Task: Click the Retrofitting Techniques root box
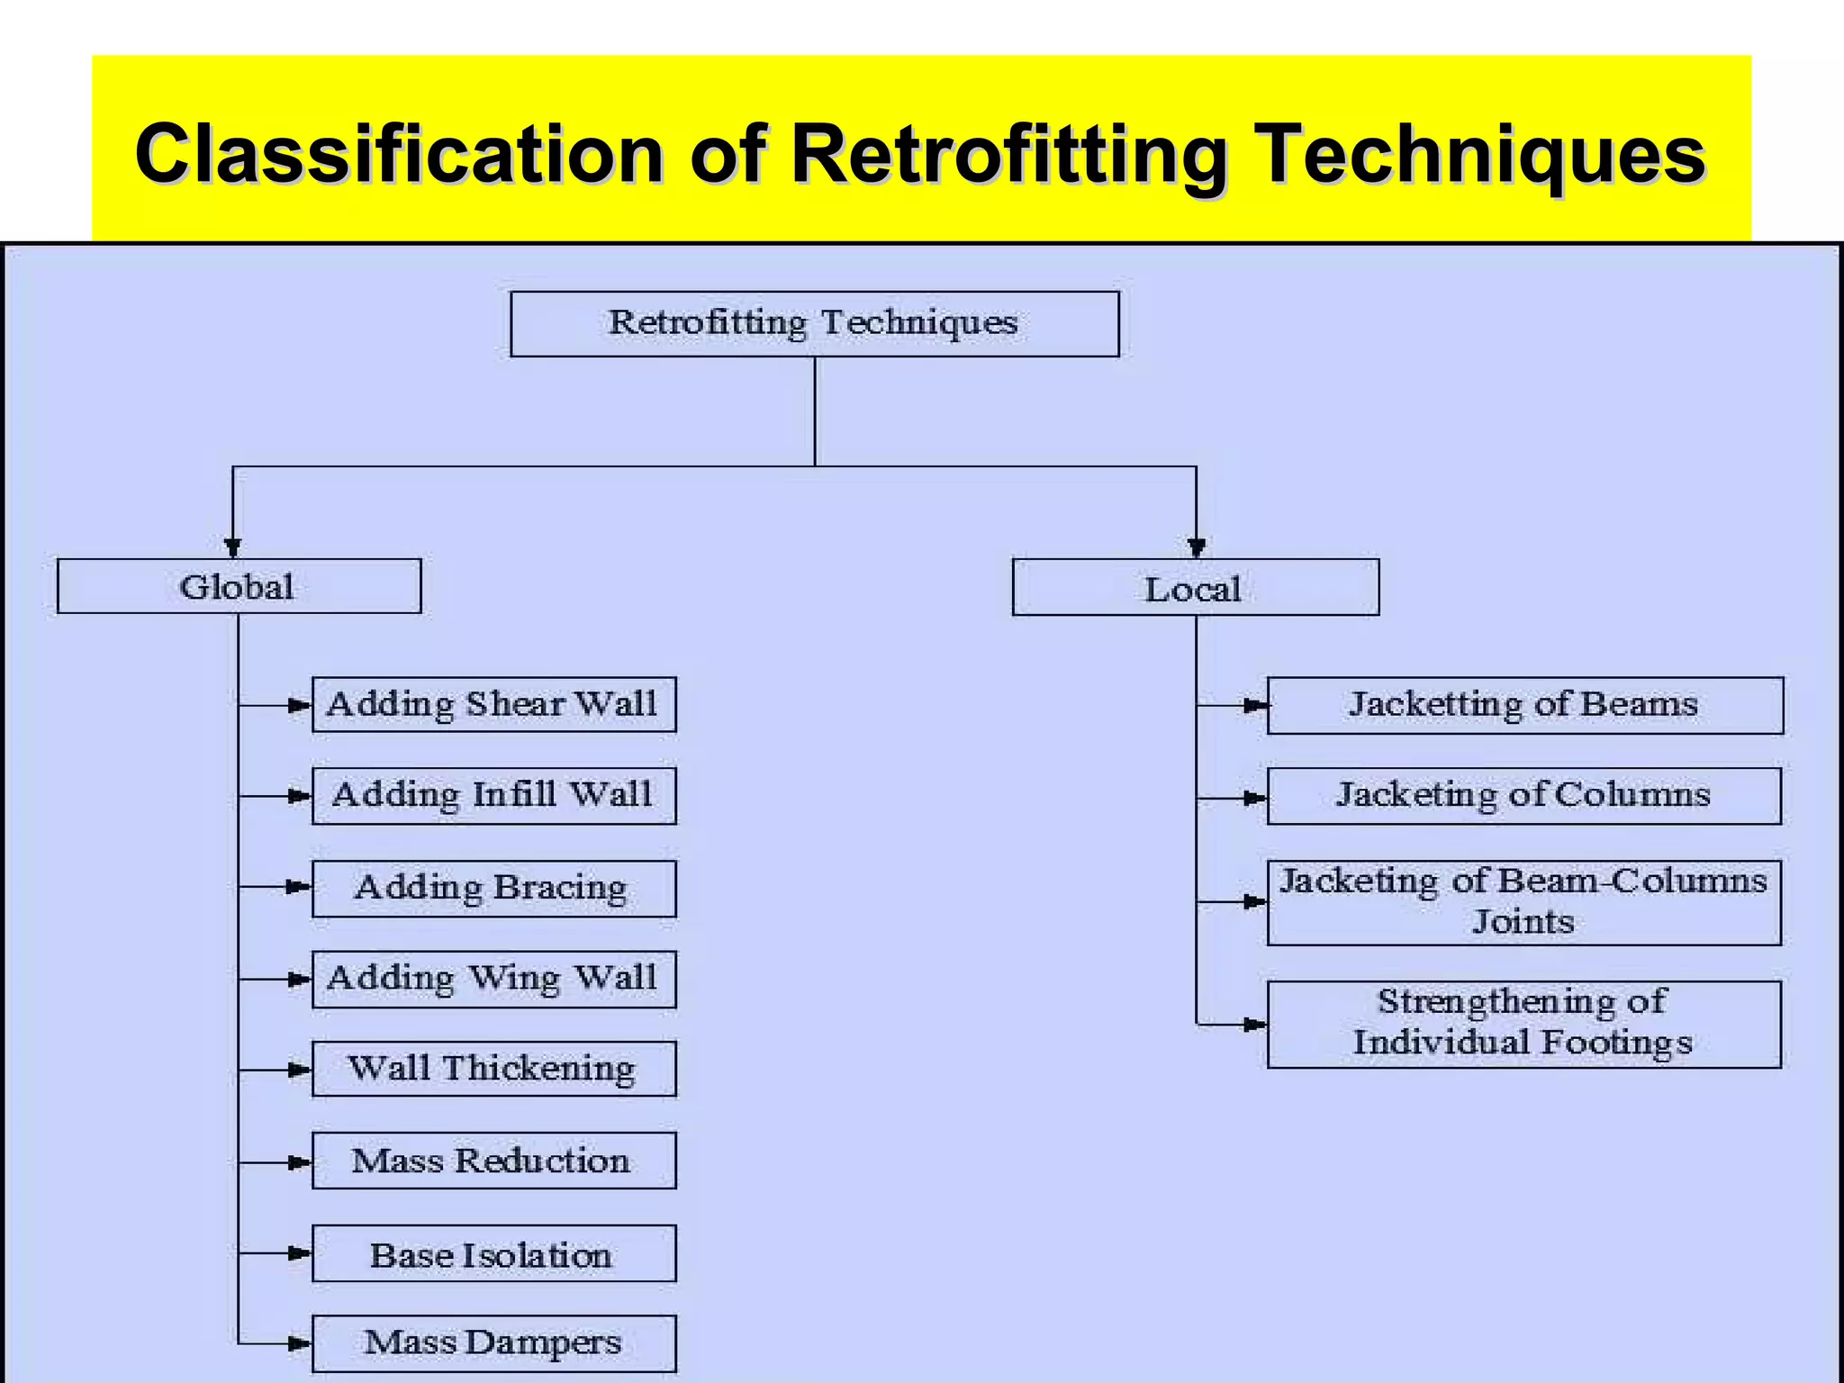coord(814,323)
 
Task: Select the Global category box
coord(239,586)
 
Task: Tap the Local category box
coord(1195,588)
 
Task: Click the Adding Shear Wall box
coord(493,704)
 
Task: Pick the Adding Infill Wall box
coord(493,796)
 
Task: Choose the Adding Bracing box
coord(493,888)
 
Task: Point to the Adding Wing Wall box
coord(493,979)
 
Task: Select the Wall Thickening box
coord(493,1069)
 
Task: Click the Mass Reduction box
coord(493,1161)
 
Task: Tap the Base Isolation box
coord(493,1253)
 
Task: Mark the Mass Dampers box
coord(493,1343)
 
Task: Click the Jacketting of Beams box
coord(1524,705)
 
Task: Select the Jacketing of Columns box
coord(1523,796)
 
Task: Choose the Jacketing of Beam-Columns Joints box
coord(1523,902)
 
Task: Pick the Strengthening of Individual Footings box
coord(1523,1024)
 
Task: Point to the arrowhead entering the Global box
coord(233,547)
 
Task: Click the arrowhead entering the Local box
coord(1196,547)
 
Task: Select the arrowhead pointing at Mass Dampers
coord(299,1344)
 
